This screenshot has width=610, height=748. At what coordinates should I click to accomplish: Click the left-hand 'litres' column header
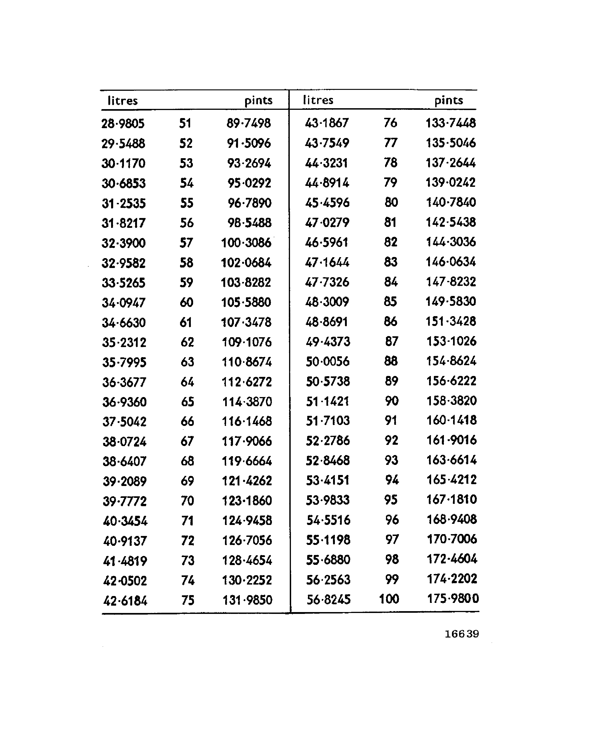(122, 101)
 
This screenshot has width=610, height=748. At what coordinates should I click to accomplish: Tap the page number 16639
(461, 634)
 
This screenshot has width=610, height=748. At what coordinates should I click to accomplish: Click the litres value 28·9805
(123, 123)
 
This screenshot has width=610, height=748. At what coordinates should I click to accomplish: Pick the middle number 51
(185, 123)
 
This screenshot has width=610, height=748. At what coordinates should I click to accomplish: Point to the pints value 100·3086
(246, 243)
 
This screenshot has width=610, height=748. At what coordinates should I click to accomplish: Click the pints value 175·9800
(453, 599)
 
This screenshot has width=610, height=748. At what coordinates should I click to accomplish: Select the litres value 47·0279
(327, 222)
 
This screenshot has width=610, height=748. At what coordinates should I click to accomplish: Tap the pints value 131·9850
(247, 600)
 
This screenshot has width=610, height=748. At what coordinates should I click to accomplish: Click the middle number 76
(390, 123)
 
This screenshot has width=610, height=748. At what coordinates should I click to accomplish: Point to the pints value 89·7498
(249, 123)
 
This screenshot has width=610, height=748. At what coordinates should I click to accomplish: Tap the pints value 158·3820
(451, 400)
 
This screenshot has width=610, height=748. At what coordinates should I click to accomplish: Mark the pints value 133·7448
(451, 123)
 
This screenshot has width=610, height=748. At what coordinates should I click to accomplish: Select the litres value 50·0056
(328, 361)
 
